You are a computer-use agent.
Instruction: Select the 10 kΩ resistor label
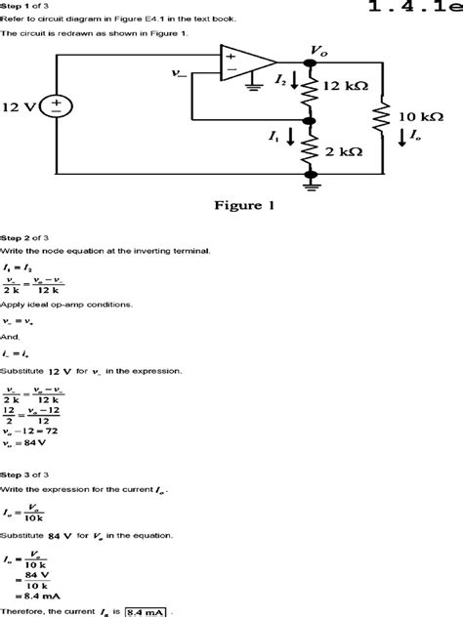pyautogui.click(x=423, y=116)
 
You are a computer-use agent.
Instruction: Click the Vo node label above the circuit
pyautogui.click(x=317, y=50)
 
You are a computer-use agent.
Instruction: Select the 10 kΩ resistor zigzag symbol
pyautogui.click(x=384, y=115)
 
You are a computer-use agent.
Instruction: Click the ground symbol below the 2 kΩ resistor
pyautogui.click(x=314, y=177)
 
